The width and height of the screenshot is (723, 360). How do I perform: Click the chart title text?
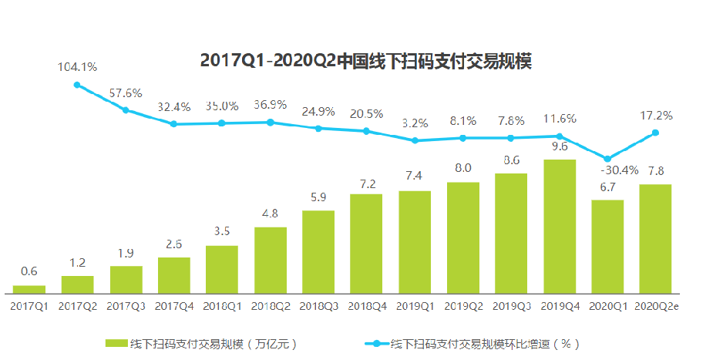pos(366,61)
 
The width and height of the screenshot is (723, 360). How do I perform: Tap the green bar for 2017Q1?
pos(29,289)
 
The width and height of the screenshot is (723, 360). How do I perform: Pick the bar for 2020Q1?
pos(607,246)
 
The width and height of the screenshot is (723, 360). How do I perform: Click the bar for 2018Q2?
pos(270,260)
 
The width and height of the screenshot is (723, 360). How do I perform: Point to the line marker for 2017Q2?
pos(77,85)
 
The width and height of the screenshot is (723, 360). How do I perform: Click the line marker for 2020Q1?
pos(607,159)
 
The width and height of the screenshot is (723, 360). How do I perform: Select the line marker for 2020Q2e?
pos(656,133)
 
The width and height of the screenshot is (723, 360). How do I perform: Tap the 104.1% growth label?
pos(77,67)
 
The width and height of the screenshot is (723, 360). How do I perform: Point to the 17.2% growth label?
pos(656,116)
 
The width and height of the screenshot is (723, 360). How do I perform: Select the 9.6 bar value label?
pos(559,146)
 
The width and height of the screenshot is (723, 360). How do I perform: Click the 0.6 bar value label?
pos(29,271)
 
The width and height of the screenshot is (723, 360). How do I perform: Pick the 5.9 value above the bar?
pos(318,197)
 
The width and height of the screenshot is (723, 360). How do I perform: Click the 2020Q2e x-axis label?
pos(657,305)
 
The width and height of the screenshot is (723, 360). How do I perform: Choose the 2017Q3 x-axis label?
pos(126,305)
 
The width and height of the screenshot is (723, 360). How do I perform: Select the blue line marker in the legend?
pos(375,343)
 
